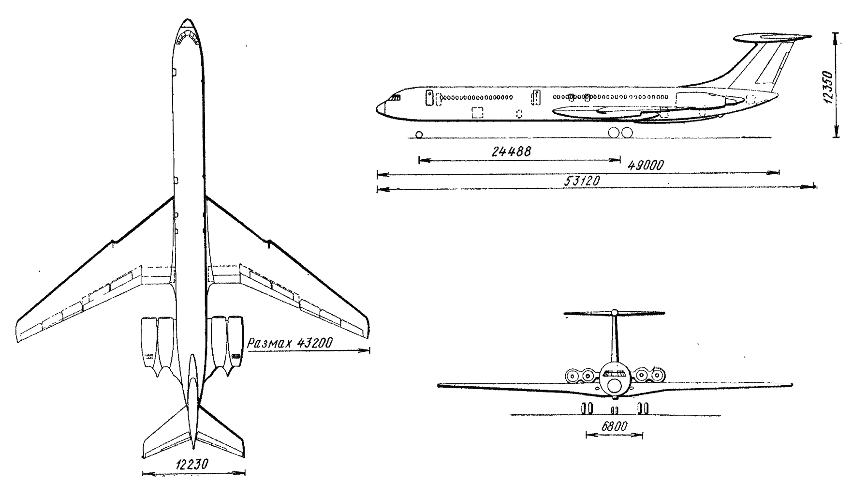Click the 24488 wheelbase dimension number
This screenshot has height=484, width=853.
pyautogui.click(x=511, y=151)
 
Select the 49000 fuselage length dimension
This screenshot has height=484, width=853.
pyautogui.click(x=646, y=166)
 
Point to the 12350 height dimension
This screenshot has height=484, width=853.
pyautogui.click(x=828, y=88)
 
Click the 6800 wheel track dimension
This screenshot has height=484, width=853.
pyautogui.click(x=614, y=427)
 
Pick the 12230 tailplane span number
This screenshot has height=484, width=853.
pyautogui.click(x=191, y=465)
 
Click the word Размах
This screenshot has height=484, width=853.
pyautogui.click(x=267, y=344)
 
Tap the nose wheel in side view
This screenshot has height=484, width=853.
pyautogui.click(x=419, y=134)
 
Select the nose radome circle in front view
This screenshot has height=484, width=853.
pyautogui.click(x=614, y=386)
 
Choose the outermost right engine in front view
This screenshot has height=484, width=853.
pyautogui.click(x=657, y=375)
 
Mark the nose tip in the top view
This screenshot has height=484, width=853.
pyautogui.click(x=187, y=20)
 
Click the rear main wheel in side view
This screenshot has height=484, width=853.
pyautogui.click(x=626, y=132)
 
